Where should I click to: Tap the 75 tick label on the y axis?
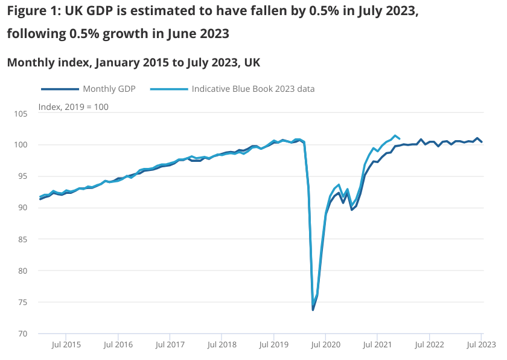[23, 302]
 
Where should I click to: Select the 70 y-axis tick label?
[23, 333]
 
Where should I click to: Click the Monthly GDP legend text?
[109, 89]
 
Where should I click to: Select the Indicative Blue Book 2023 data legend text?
[253, 89]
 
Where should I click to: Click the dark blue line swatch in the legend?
[60, 89]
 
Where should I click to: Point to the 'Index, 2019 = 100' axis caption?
[73, 106]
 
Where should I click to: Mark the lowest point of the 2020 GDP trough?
[313, 310]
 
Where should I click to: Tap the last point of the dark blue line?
[482, 142]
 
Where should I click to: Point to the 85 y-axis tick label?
[23, 239]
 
